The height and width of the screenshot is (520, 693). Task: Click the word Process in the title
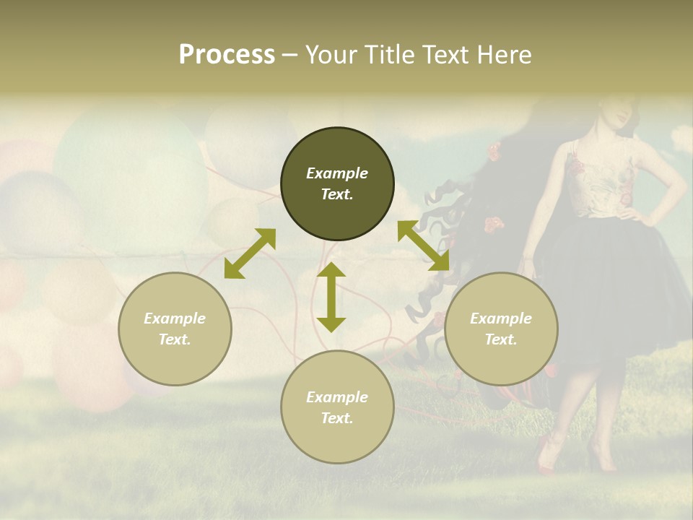[227, 55]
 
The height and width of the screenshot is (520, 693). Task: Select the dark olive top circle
[337, 184]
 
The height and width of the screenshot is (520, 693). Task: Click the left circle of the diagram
[175, 329]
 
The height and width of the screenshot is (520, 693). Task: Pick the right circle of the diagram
[501, 329]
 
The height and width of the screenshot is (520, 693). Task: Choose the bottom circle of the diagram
[337, 407]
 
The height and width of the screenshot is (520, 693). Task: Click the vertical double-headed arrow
[331, 297]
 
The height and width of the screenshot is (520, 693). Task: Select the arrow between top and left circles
[250, 253]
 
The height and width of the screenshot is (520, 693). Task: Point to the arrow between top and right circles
[424, 246]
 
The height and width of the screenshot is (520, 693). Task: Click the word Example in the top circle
[337, 173]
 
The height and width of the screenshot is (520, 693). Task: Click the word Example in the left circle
[175, 318]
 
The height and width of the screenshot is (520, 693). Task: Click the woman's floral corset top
[603, 181]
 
